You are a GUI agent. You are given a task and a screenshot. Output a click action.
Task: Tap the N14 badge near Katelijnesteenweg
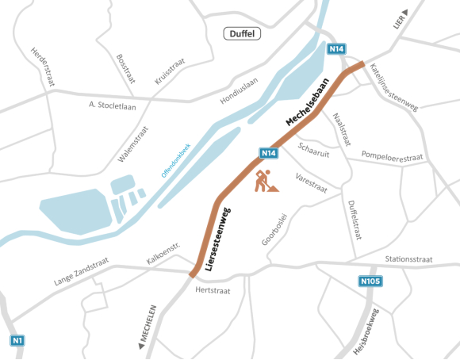pyautogui.click(x=336, y=49)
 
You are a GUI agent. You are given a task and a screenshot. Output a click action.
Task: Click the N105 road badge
pyautogui.click(x=370, y=281)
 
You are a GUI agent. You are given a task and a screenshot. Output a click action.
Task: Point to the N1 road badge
pyautogui.click(x=17, y=340)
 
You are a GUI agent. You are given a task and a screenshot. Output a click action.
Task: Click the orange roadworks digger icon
pyautogui.click(x=264, y=182)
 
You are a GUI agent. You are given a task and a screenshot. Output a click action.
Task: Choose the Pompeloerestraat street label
pyautogui.click(x=392, y=155)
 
